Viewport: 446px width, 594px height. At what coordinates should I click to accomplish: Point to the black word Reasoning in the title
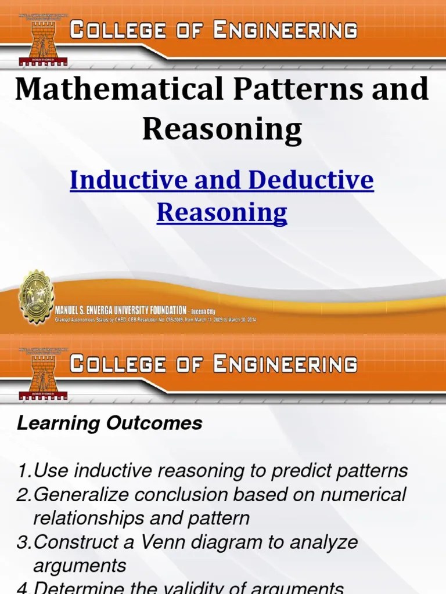222,129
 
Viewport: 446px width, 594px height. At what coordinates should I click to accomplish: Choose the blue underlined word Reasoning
222,212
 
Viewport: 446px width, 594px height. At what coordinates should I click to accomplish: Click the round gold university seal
36,296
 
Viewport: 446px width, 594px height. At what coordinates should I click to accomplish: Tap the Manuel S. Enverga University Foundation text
121,309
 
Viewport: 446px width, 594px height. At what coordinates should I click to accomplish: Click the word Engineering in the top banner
285,30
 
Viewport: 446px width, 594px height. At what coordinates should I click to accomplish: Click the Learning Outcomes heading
110,423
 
